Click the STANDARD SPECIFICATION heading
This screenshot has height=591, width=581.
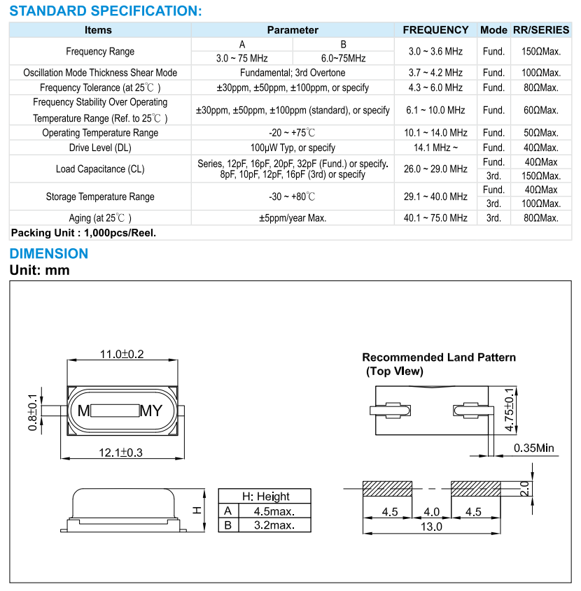(106, 10)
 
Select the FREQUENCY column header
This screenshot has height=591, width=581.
(435, 30)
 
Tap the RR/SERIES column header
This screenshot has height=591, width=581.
(541, 30)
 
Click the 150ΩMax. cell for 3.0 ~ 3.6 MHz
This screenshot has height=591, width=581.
(541, 52)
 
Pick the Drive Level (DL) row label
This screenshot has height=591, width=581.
(100, 148)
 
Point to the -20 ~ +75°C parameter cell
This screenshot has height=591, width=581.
(292, 133)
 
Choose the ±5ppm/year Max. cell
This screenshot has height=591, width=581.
(292, 218)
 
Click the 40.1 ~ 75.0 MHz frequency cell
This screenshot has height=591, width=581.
(435, 218)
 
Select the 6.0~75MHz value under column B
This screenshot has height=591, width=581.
(343, 58)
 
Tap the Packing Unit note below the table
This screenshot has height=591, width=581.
(83, 233)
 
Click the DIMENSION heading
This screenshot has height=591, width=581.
(49, 253)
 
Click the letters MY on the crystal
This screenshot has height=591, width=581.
(151, 411)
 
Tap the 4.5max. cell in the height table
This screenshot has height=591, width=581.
(273, 511)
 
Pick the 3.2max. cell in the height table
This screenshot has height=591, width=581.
(273, 525)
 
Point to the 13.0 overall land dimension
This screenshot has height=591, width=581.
(433, 527)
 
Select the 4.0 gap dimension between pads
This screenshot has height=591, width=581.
(432, 512)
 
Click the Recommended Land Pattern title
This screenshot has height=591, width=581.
(439, 357)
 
